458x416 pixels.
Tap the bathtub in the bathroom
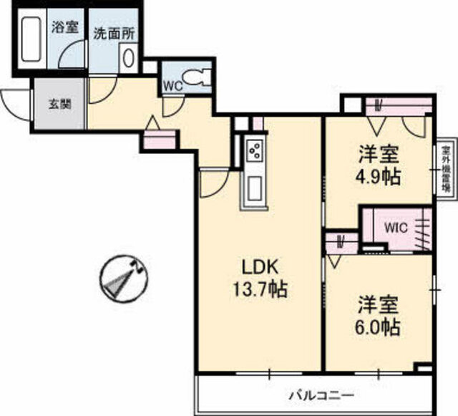point(31,40)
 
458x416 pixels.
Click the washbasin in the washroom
point(128,57)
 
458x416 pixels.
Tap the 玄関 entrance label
point(59,103)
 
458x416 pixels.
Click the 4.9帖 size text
point(379,176)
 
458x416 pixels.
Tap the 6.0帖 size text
point(379,326)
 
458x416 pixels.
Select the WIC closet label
point(394,228)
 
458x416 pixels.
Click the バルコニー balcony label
point(322,395)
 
